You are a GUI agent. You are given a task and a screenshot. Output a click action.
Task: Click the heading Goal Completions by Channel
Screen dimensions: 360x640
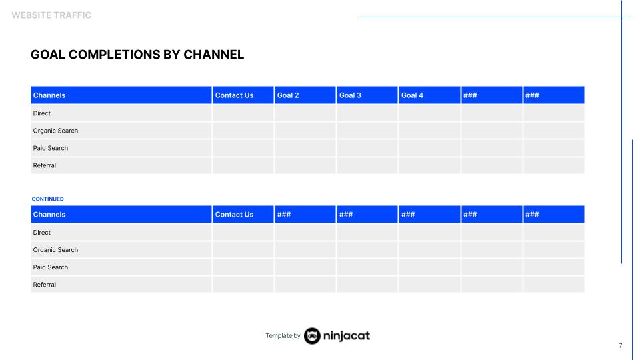(137, 55)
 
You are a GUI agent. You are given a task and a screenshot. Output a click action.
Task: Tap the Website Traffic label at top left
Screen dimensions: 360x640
(51, 15)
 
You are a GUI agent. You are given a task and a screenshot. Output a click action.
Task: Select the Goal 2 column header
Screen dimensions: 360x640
(288, 95)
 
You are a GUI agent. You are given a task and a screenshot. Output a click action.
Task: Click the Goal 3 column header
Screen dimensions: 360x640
(350, 95)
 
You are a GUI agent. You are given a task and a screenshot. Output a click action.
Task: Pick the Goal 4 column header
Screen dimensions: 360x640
(412, 95)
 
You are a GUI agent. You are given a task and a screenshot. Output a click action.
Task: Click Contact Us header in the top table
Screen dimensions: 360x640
(234, 95)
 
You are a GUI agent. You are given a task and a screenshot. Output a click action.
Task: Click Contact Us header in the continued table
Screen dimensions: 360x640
(234, 215)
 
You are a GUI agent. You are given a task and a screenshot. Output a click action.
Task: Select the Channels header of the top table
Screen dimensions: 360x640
(49, 95)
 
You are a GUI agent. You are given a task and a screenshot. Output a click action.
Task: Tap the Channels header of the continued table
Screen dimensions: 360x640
(49, 215)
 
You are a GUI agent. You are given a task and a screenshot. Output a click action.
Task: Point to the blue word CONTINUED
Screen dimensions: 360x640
(48, 199)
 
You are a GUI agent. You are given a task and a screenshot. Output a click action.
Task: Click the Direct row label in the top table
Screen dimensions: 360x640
(42, 113)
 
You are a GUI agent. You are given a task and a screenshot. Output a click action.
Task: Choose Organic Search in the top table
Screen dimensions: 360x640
(55, 131)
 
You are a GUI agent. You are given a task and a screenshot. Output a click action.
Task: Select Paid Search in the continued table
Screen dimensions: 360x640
(51, 267)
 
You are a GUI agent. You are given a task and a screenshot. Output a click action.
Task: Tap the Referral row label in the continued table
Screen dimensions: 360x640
(45, 285)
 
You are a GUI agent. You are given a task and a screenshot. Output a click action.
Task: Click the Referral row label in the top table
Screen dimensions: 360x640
(45, 165)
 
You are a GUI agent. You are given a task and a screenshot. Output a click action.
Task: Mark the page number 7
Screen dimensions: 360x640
(620, 345)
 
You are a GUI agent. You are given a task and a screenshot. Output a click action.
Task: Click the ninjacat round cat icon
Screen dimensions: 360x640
(312, 335)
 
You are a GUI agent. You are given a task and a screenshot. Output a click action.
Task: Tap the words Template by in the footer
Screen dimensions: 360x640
(283, 335)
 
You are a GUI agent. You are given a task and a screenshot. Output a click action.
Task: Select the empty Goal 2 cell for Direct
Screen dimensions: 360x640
(305, 113)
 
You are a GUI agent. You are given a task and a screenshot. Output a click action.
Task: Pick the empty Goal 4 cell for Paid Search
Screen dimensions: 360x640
(429, 148)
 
